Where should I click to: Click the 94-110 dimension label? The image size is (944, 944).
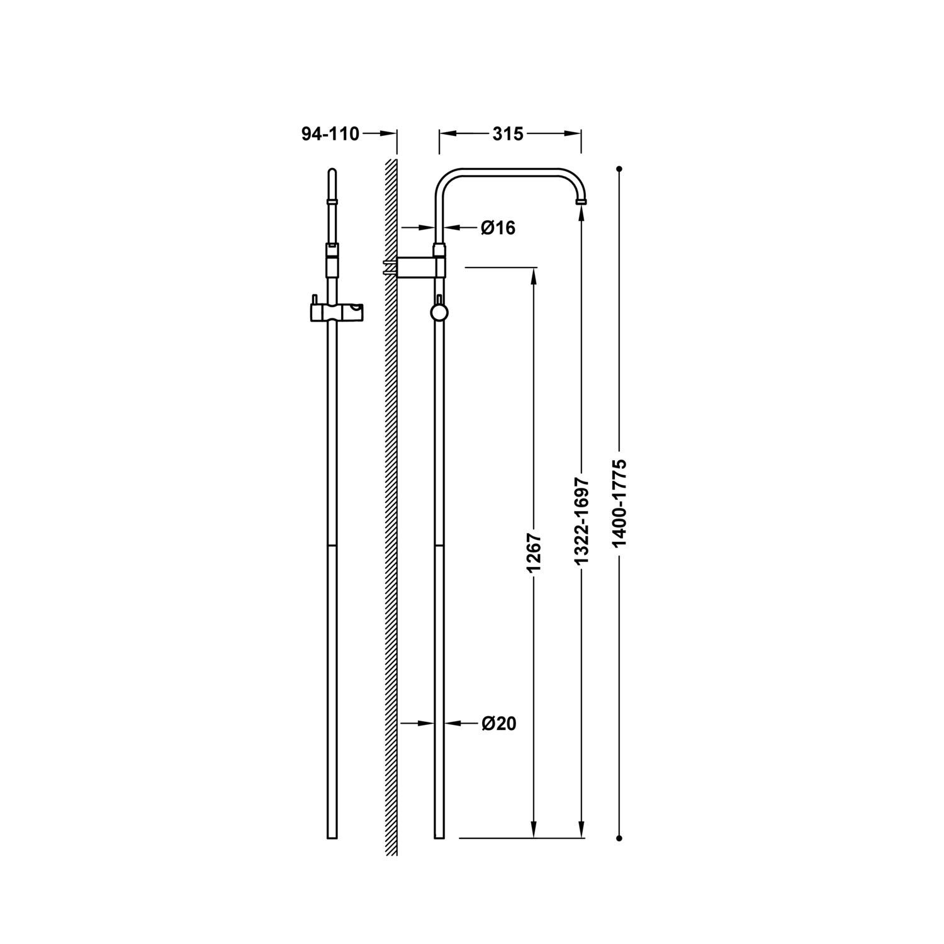[330, 134]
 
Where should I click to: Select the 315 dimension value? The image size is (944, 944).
[508, 134]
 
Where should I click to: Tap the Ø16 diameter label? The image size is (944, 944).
[498, 228]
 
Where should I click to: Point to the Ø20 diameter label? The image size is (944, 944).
[499, 724]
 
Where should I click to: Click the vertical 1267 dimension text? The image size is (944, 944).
[534, 553]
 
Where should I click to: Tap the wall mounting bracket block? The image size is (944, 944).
[416, 266]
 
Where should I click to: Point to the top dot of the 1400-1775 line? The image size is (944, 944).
[620, 169]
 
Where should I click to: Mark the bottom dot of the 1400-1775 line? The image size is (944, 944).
[620, 838]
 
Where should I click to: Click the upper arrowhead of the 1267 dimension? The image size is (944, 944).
[534, 276]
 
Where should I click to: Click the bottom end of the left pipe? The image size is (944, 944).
[332, 837]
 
